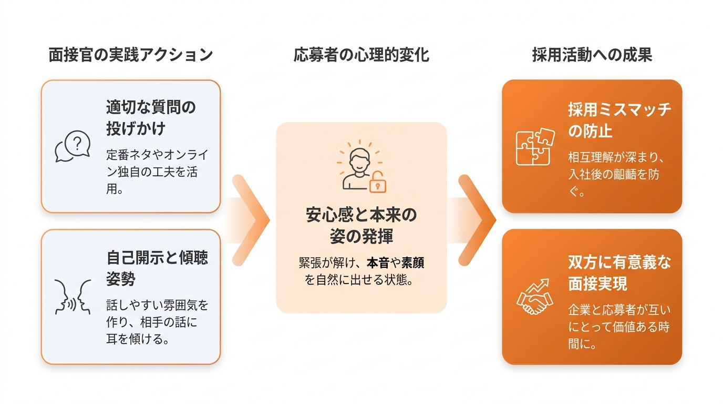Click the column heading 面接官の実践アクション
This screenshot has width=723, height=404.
[131, 55]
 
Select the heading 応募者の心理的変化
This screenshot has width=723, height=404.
[361, 55]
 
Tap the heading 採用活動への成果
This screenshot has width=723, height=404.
[592, 55]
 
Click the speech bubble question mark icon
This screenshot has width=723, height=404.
[73, 146]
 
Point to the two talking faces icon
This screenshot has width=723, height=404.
[73, 297]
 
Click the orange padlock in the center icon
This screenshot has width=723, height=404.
[378, 183]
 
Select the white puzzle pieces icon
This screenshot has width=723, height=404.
[535, 147]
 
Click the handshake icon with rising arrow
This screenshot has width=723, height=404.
[535, 297]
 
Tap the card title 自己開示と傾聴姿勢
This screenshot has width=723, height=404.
[157, 268]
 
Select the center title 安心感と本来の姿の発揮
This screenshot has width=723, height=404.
[361, 225]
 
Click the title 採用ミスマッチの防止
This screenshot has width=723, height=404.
[619, 120]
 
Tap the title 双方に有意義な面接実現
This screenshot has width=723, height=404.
[619, 273]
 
